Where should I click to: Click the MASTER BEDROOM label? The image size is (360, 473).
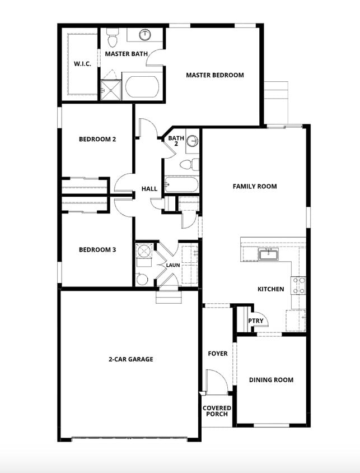tap(214, 75)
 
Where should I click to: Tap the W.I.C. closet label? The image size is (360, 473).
tap(82, 63)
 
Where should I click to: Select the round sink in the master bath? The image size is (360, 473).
tap(145, 35)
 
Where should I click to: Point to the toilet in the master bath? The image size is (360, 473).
tap(112, 40)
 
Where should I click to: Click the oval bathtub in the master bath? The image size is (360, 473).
tap(142, 87)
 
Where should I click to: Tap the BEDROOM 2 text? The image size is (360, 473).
tap(97, 139)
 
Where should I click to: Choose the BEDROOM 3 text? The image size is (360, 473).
tap(97, 249)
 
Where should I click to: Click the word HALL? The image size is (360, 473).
tap(149, 189)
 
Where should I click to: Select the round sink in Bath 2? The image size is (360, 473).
tap(192, 141)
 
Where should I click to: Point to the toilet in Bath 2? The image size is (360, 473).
tap(190, 164)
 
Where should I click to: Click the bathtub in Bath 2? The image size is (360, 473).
tap(181, 184)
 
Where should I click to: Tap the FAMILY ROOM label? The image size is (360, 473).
tap(255, 186)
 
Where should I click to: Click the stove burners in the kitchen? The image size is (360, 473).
tap(298, 286)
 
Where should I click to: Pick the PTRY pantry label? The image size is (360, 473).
tap(256, 321)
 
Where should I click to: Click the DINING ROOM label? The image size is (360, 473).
tap(272, 379)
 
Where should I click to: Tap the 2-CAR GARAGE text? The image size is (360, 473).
tap(131, 359)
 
